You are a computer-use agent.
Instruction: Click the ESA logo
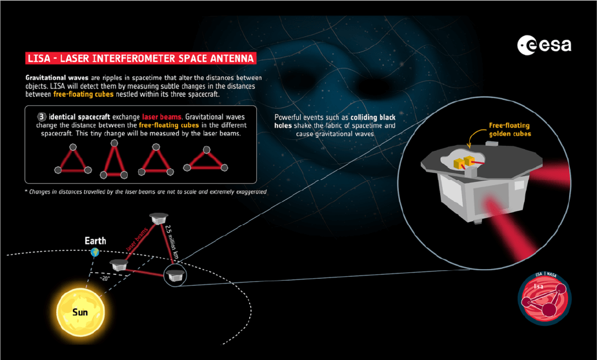coord(544,45)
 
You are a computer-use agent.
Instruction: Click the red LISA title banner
coord(141,58)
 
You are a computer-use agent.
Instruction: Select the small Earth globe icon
coord(95,252)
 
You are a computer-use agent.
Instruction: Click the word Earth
coord(95,241)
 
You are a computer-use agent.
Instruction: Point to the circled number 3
coord(42,117)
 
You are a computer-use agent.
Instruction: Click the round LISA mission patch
coord(545,299)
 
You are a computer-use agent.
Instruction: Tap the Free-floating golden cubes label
coord(510,130)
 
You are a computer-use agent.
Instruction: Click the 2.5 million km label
coord(172,242)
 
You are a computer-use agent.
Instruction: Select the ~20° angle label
coord(105,279)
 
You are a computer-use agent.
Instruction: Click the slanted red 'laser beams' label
coord(137,239)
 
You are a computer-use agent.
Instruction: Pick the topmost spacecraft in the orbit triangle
coord(159,219)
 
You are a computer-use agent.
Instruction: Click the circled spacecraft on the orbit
coord(175,275)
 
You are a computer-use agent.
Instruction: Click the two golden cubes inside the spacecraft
coord(465,162)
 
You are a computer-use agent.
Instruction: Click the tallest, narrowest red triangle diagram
coord(114,159)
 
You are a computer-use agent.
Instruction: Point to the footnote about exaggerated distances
coord(145,192)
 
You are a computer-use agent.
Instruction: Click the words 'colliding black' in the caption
coord(373,117)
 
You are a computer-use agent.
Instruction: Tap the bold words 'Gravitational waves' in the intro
coord(57,77)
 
